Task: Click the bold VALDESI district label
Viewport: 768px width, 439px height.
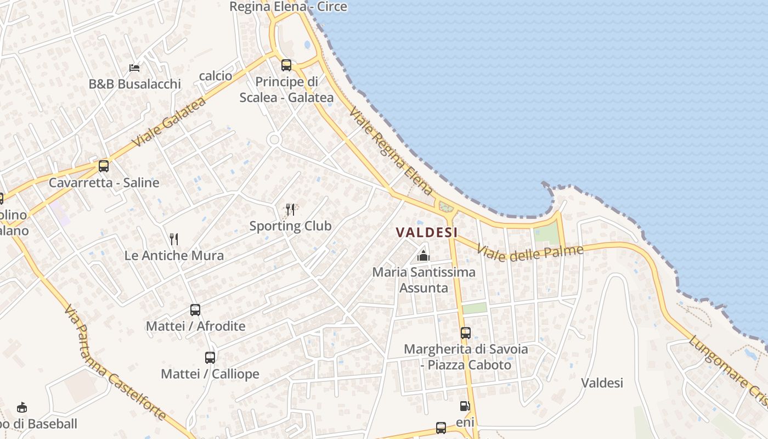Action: point(427,232)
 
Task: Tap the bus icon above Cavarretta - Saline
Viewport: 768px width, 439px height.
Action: point(104,166)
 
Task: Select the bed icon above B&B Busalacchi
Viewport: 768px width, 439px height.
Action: point(134,67)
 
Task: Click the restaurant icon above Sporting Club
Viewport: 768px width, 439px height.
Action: point(290,209)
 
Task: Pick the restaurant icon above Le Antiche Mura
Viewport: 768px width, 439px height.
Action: point(174,239)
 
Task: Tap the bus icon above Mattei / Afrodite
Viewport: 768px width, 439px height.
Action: point(195,309)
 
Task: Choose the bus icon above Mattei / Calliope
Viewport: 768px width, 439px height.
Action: point(210,358)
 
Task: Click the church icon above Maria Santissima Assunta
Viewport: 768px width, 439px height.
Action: point(423,255)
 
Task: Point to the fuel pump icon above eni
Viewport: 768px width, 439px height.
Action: point(465,407)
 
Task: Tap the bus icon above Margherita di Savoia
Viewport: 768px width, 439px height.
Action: point(466,333)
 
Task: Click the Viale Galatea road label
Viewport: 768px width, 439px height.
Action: point(169,122)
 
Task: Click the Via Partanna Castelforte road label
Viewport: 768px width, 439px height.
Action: point(115,363)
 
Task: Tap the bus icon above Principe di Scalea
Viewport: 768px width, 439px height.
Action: point(286,65)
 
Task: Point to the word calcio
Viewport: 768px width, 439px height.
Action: point(216,76)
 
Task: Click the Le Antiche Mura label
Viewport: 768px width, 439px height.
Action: point(174,255)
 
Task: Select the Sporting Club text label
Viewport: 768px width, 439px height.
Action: point(290,226)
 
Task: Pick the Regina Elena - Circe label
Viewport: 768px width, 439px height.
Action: point(288,7)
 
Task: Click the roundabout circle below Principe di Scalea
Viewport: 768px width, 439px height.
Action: point(274,140)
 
